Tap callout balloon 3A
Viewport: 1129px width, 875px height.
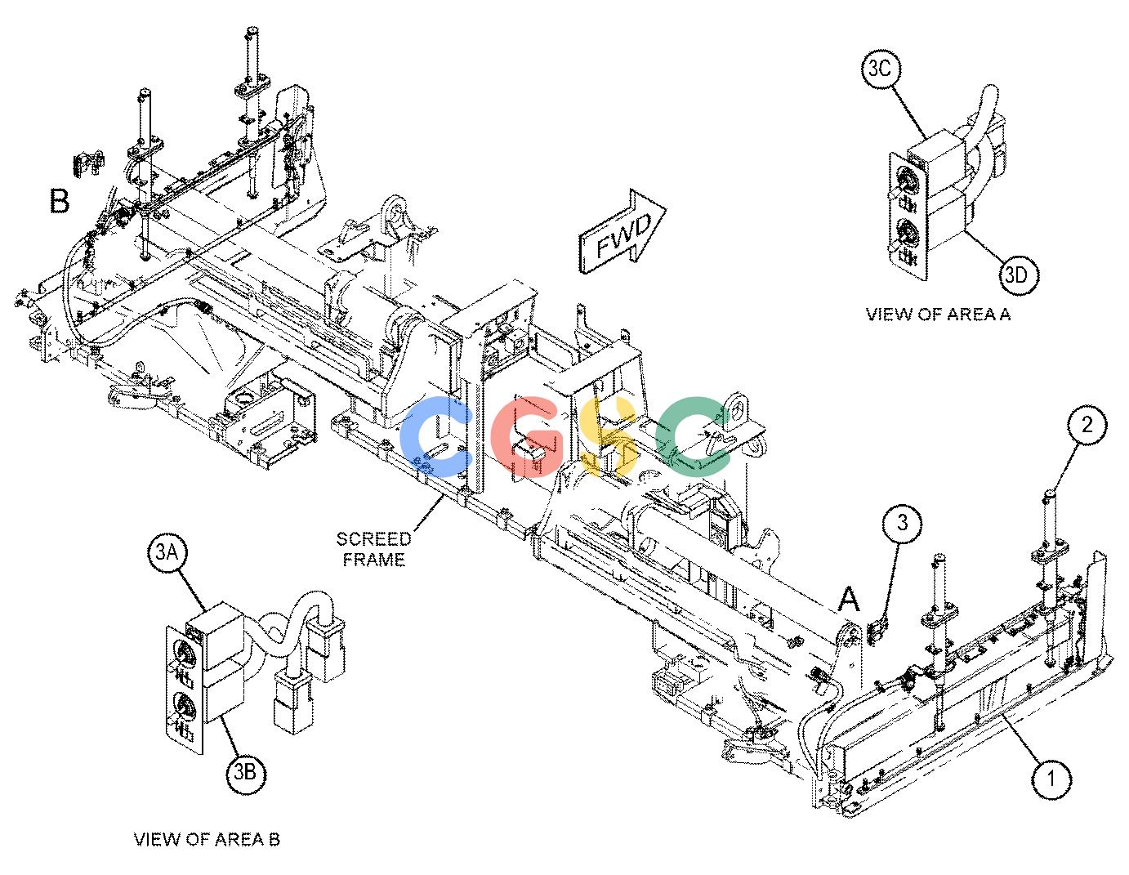point(167,552)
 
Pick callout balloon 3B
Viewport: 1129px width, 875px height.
point(245,773)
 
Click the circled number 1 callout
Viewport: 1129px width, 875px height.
point(1051,779)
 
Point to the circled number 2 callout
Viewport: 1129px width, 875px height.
point(1087,425)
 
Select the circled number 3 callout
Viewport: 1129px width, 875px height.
point(903,522)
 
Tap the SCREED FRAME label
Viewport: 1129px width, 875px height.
point(373,550)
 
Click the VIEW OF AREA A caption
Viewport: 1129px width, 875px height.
point(939,315)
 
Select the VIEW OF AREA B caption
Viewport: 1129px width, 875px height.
point(207,839)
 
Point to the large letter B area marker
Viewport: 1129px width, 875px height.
point(59,201)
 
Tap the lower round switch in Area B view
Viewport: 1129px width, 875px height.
point(184,708)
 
